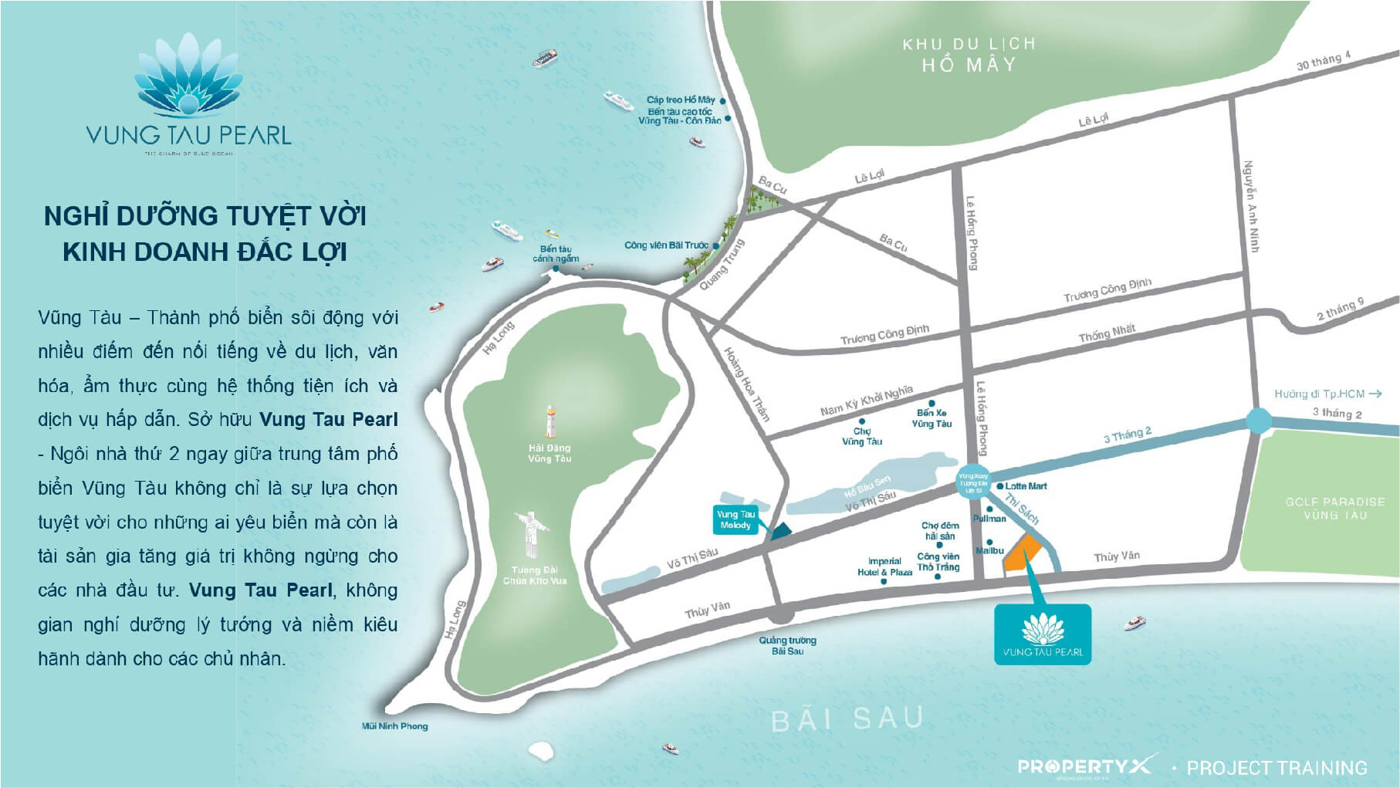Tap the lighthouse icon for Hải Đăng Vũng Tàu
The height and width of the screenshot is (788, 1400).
(x=550, y=421)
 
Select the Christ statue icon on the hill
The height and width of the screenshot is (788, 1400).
(x=532, y=533)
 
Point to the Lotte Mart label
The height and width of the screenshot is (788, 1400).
(x=1026, y=486)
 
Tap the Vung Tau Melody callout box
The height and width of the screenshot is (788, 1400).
(x=736, y=519)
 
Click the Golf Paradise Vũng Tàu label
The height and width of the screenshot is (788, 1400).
(x=1334, y=508)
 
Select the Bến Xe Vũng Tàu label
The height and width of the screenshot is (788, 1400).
(x=932, y=418)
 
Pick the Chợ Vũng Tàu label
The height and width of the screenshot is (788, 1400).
(x=861, y=436)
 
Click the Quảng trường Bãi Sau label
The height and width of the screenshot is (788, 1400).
(x=787, y=645)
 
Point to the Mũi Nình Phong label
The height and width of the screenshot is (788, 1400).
(x=394, y=725)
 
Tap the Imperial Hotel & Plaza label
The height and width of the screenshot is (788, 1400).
(x=884, y=566)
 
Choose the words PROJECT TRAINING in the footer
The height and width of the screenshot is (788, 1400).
(x=1277, y=768)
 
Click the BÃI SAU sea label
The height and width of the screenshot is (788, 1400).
(x=847, y=719)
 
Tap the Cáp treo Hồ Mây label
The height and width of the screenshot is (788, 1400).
(x=681, y=100)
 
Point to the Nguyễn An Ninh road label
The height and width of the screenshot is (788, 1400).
(x=1251, y=206)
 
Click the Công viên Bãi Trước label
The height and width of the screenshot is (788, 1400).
(x=666, y=245)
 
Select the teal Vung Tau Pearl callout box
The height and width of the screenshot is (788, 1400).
(x=1042, y=634)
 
